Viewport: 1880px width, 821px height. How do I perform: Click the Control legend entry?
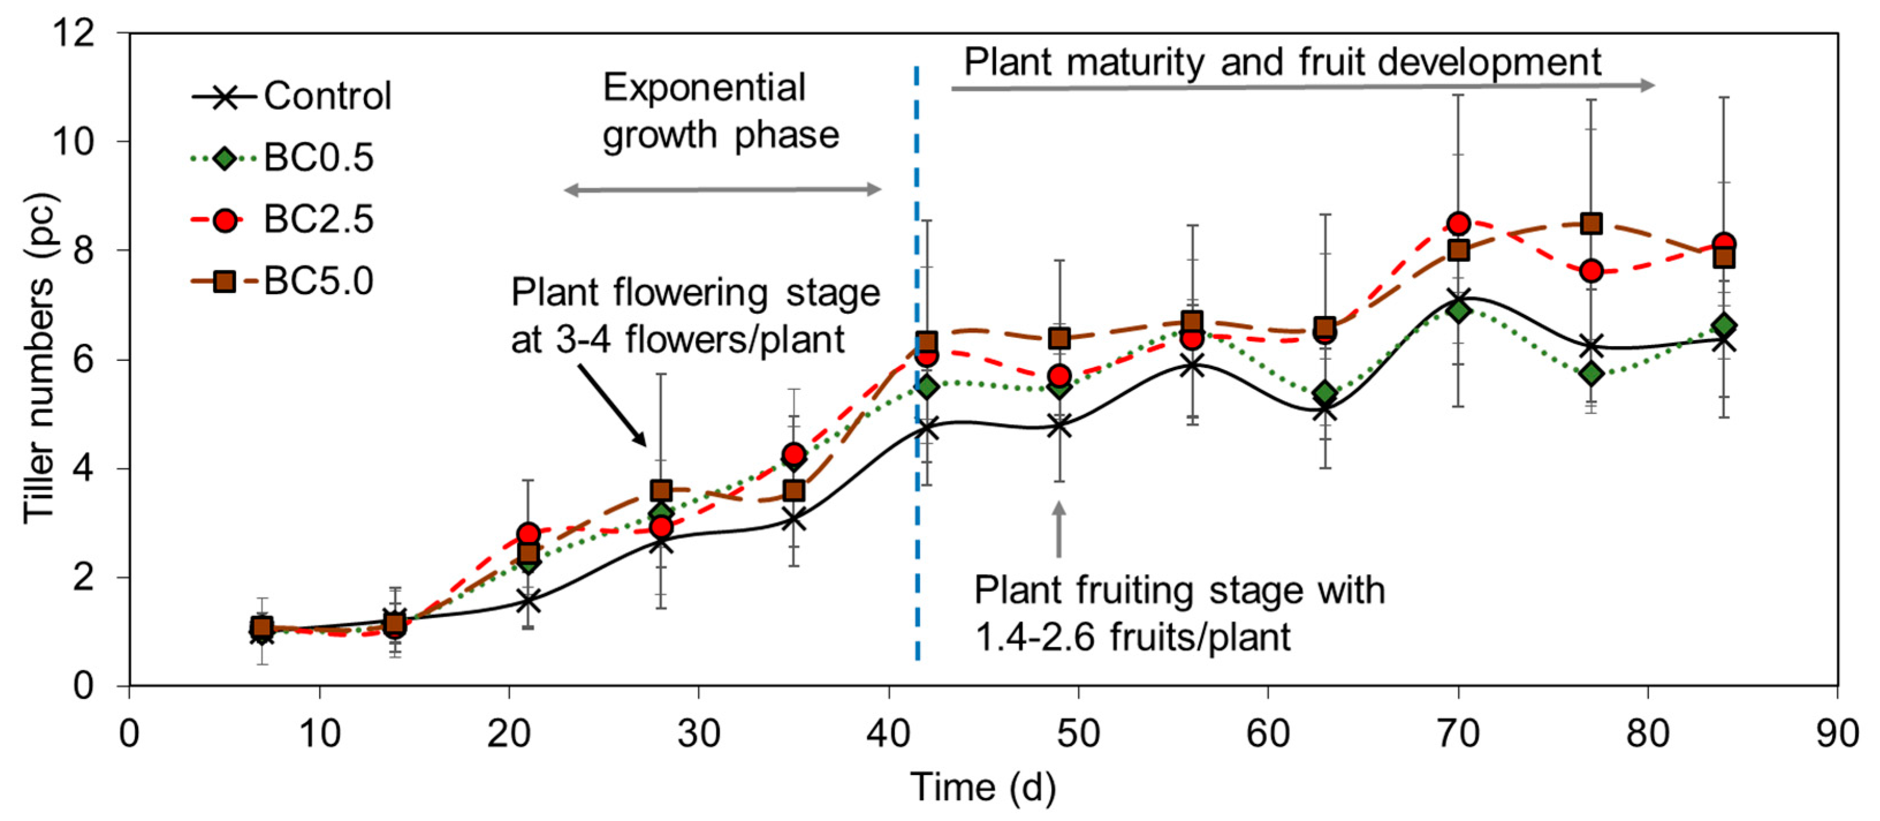pos(292,96)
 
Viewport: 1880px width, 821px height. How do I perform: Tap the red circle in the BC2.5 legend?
pos(226,220)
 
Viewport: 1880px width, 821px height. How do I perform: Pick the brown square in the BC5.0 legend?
pos(224,281)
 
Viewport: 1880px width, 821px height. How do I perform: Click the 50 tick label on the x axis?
pos(1078,733)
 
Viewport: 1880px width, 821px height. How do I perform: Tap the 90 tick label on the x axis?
pos(1836,733)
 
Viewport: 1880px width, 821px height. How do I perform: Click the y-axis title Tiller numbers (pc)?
pos(38,358)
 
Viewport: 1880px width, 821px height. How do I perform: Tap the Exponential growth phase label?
pos(720,111)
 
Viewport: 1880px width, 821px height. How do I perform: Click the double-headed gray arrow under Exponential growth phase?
pos(722,190)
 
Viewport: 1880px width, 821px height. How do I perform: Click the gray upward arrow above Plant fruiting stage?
pos(1058,529)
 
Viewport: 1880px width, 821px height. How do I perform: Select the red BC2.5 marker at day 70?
pos(1458,223)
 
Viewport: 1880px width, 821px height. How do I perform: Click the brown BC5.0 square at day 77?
pos(1591,223)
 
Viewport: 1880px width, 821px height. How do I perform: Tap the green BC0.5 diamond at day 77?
pos(1591,374)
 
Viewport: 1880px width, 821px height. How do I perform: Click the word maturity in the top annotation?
pos(1135,63)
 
